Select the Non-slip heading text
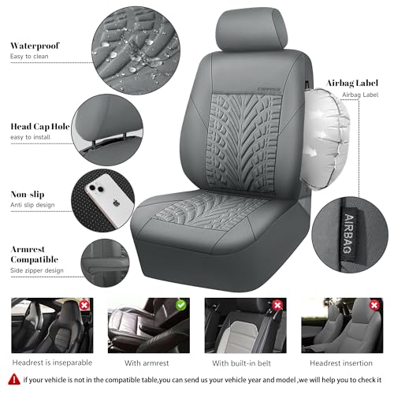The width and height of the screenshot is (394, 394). [x=29, y=194]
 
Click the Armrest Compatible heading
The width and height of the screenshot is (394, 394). [x=35, y=254]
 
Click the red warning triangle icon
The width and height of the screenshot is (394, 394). [x=12, y=380]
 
